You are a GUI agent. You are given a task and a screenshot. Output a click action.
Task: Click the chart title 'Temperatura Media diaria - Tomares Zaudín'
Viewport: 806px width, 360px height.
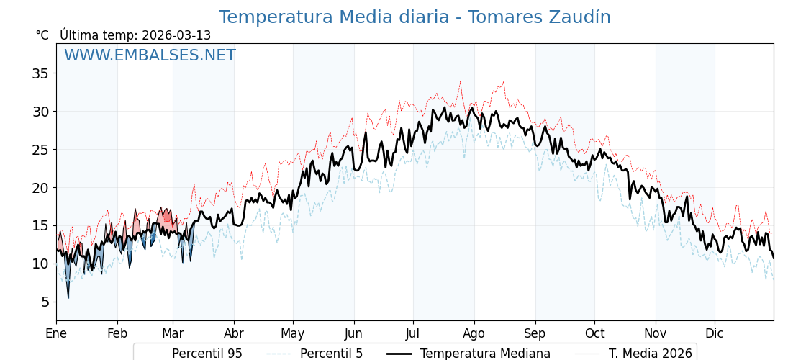coord(415,17)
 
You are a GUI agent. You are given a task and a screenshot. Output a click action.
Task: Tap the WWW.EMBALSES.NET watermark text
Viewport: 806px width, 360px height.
coord(150,55)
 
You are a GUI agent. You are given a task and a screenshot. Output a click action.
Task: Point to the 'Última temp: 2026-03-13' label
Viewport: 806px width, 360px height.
coord(135,35)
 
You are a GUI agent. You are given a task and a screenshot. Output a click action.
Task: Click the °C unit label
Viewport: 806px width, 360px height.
coord(42,35)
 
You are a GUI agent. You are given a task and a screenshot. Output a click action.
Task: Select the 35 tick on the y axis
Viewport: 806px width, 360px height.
coord(40,73)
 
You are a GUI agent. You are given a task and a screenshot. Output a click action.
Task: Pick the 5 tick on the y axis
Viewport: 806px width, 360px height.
coord(45,302)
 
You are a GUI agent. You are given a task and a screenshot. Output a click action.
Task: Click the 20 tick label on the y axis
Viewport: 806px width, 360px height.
coord(40,188)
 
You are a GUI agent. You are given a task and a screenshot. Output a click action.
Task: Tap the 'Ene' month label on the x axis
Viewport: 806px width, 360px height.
coord(56,334)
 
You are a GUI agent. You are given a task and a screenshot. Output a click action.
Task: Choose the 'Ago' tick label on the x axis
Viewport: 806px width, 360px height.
coord(474,334)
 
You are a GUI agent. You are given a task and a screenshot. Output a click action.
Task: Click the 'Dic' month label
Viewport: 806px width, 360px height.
coord(715,334)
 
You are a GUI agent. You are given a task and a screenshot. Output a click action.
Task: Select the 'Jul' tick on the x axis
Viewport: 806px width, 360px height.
coord(413,334)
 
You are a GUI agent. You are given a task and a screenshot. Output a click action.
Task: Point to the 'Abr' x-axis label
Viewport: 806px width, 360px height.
coord(234,334)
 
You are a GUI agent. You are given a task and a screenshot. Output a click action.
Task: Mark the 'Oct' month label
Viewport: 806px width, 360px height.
coord(594,334)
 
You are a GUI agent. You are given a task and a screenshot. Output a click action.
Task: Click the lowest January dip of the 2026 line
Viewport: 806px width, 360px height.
coord(68,297)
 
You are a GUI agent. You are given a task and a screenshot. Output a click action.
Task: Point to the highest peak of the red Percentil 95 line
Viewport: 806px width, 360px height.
coord(460,81)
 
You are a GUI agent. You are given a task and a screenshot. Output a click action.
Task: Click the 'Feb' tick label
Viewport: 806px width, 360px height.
coord(117,334)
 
